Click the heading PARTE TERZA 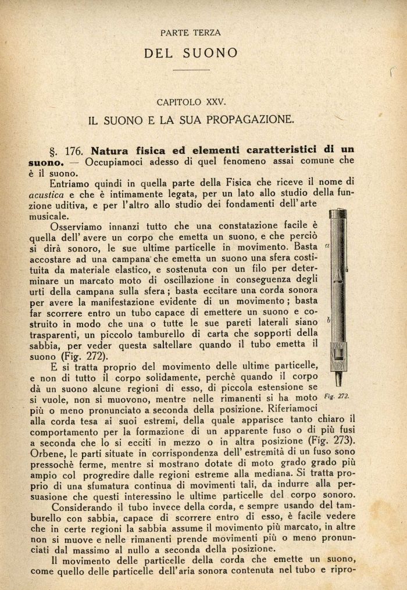(191, 33)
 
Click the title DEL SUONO (191, 53)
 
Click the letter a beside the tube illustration (327, 246)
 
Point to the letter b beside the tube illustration (329, 320)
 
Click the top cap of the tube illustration (338, 214)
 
